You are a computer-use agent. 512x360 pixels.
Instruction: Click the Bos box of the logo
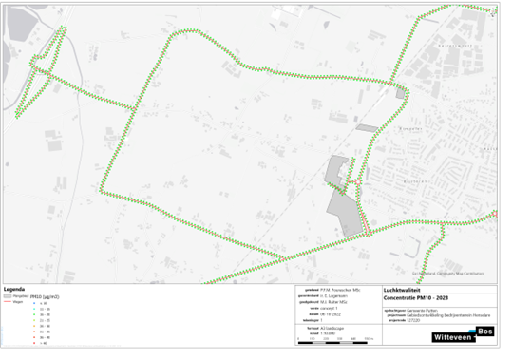pyautogui.click(x=485, y=331)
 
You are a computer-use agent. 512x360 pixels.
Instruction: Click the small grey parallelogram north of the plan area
pyautogui.click(x=366, y=126)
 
